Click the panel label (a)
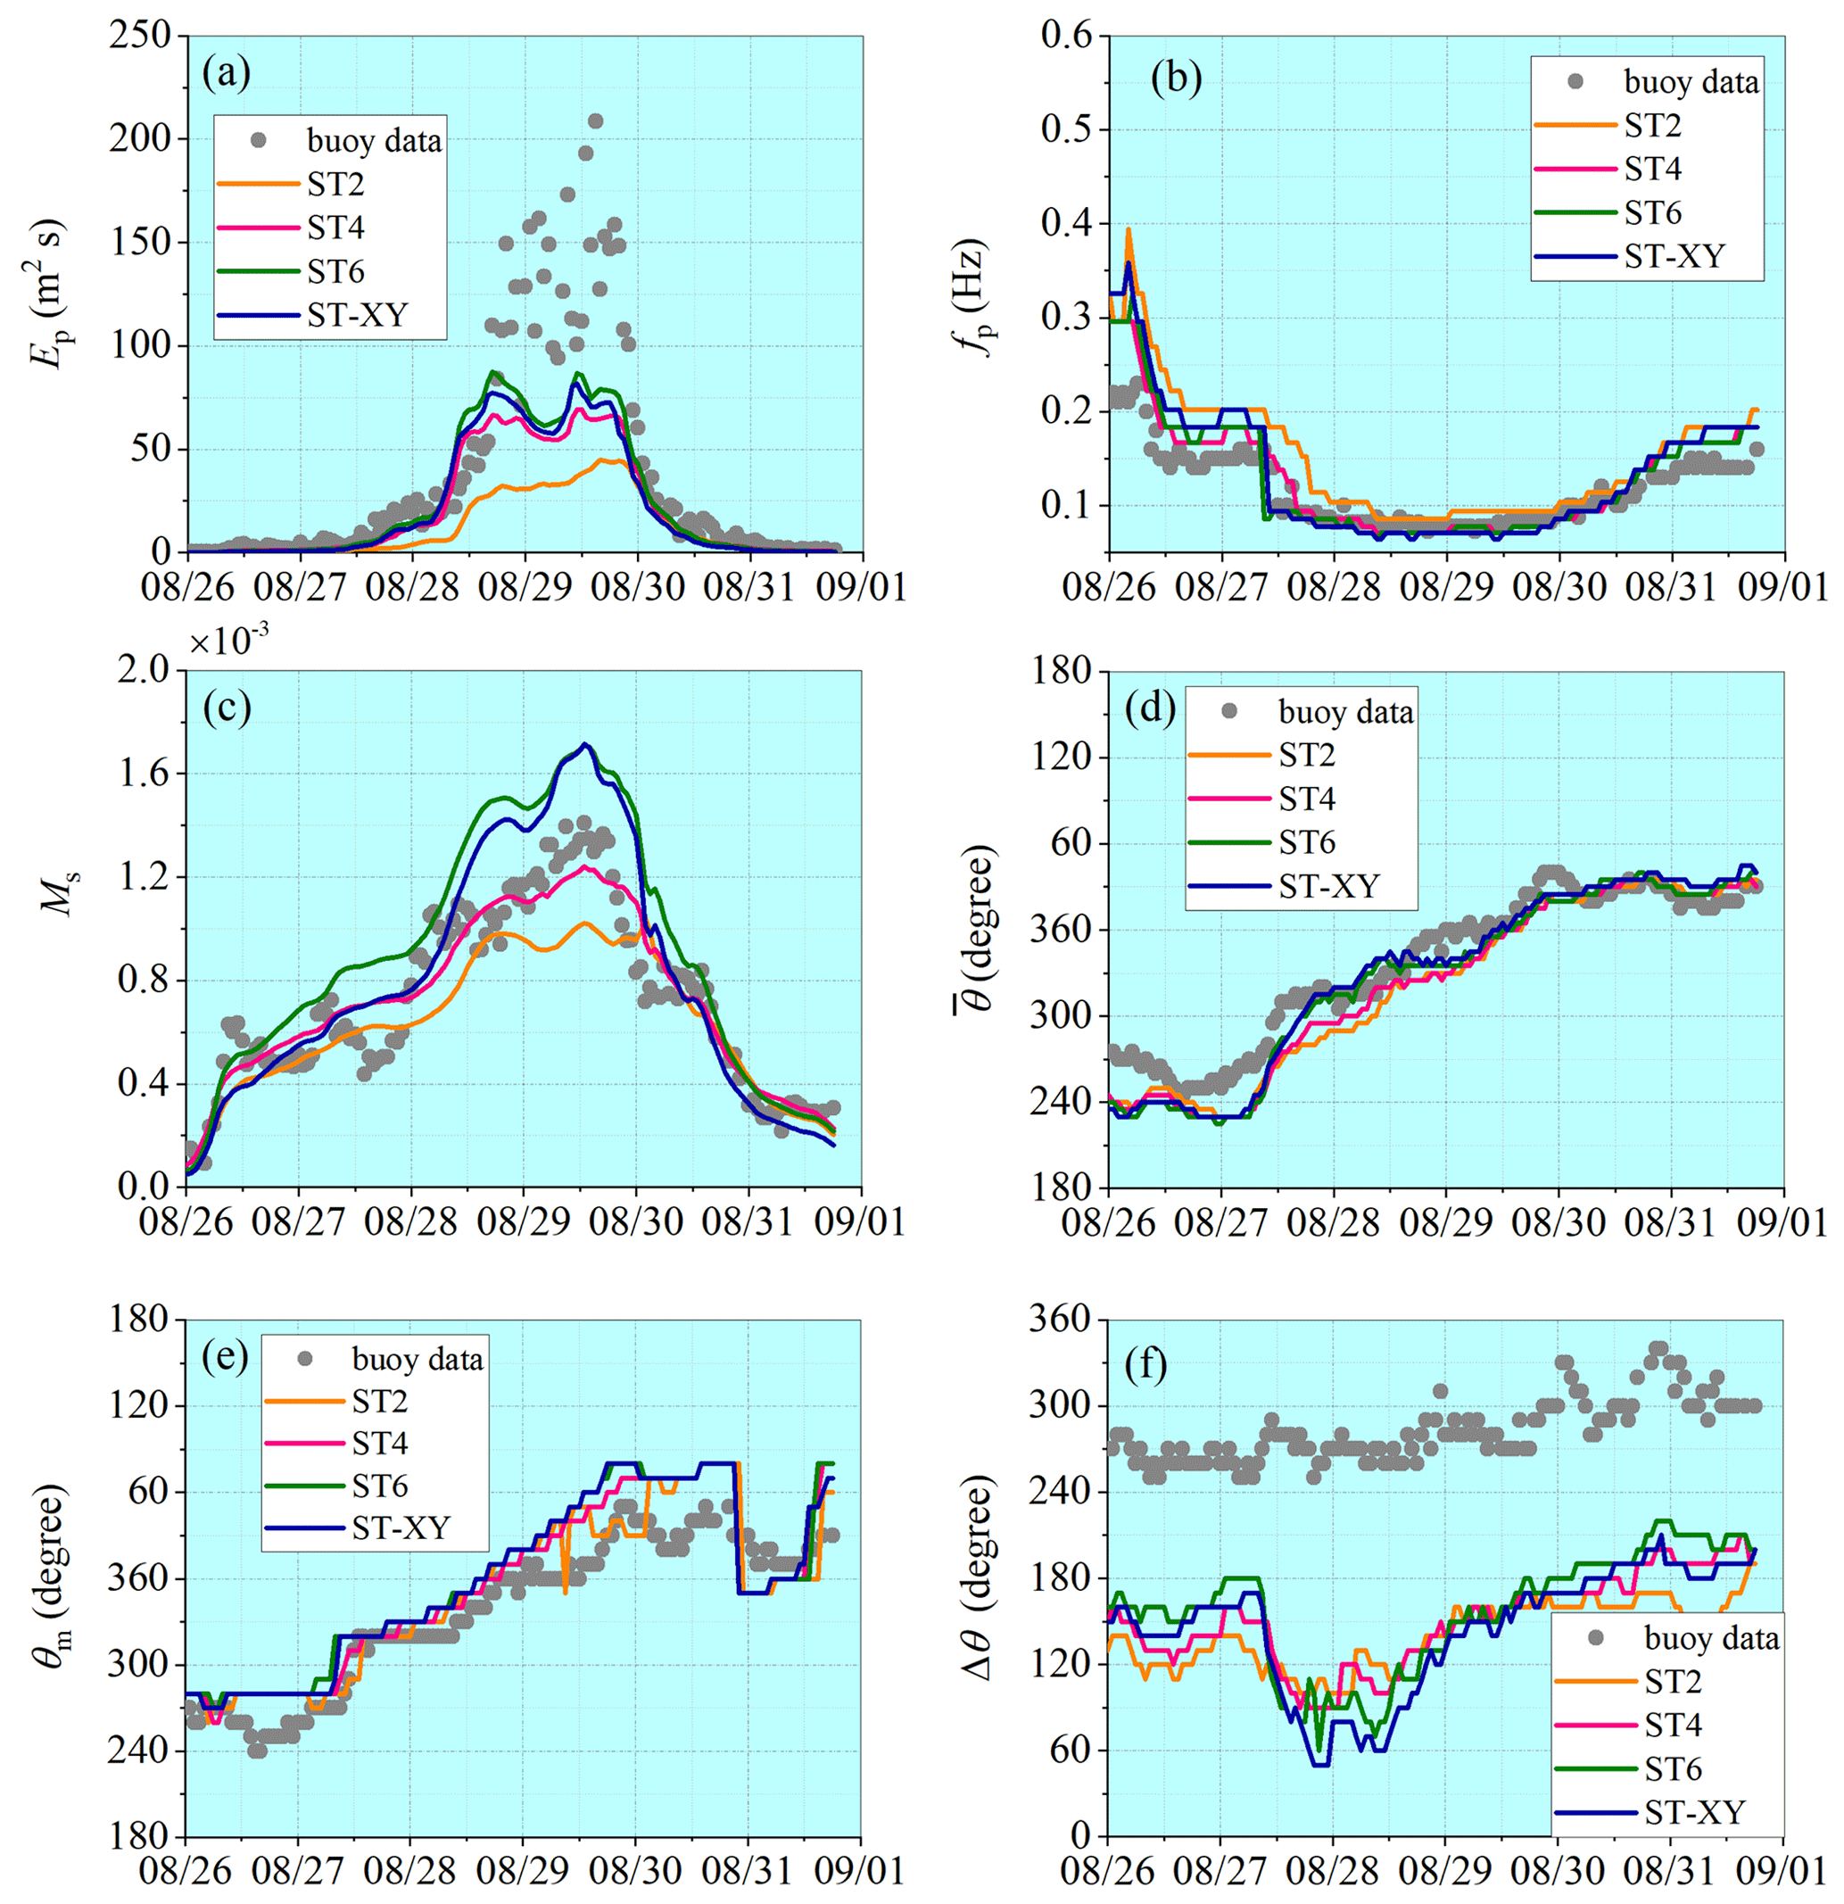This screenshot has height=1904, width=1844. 227,73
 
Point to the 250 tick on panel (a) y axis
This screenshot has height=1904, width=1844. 140,37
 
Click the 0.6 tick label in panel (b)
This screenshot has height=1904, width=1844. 1067,36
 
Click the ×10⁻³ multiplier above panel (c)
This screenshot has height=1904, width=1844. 229,642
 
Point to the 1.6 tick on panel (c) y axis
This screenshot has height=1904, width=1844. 144,774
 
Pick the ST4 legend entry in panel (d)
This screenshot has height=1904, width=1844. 1307,799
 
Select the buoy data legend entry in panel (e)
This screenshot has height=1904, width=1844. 417,1359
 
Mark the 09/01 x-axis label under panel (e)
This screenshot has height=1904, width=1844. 860,1871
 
